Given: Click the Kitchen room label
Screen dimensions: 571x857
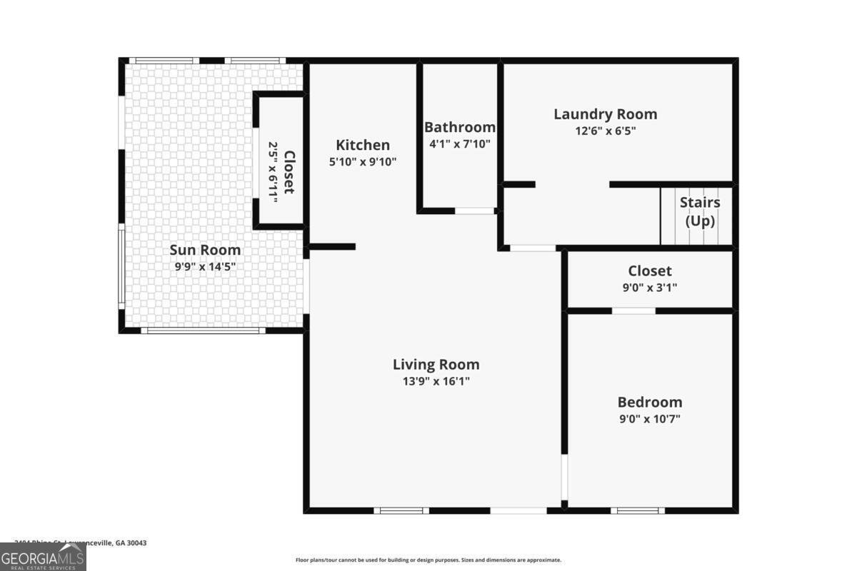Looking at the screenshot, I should click(363, 145).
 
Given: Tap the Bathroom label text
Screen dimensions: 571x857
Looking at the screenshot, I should click(459, 127).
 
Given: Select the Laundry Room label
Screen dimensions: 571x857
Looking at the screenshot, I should click(605, 114).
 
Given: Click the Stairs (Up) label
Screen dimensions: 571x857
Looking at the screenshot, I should click(699, 211).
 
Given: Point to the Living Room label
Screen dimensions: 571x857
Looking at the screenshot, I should click(436, 364).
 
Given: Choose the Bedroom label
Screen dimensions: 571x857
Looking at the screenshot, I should click(649, 402).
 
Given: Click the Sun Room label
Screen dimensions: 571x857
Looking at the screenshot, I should click(205, 250).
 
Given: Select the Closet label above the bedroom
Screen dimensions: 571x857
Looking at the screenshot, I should click(649, 271).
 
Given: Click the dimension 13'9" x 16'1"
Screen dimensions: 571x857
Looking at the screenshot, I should click(436, 381).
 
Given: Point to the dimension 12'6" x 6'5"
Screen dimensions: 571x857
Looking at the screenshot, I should click(605, 131).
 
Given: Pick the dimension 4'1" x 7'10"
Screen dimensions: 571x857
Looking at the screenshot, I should click(459, 143).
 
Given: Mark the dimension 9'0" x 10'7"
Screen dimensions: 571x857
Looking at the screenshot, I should click(649, 419).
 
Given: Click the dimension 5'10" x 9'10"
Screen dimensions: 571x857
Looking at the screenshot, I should click(363, 161).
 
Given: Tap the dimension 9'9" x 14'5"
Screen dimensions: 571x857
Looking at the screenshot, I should click(205, 266).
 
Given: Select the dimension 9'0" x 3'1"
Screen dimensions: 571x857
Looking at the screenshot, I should click(649, 288).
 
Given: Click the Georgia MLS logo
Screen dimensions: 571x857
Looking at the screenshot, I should click(43, 557).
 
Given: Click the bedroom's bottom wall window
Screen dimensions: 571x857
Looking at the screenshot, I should click(637, 510).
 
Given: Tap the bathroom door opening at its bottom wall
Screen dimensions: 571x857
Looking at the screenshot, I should click(475, 211).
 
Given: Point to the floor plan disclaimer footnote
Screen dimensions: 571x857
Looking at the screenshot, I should click(428, 560).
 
